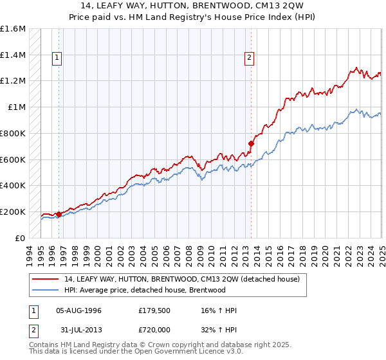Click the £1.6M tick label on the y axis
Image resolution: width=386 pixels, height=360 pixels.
click(x=13, y=29)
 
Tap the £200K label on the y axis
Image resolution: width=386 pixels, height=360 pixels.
click(x=13, y=212)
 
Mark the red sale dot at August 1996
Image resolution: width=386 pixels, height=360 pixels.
click(x=59, y=214)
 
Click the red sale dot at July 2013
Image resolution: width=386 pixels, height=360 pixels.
click(x=251, y=143)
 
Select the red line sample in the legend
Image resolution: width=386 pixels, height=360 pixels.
click(x=46, y=279)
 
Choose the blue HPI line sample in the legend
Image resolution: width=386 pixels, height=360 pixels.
click(x=46, y=290)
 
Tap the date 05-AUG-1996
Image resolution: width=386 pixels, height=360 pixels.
click(x=79, y=310)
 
